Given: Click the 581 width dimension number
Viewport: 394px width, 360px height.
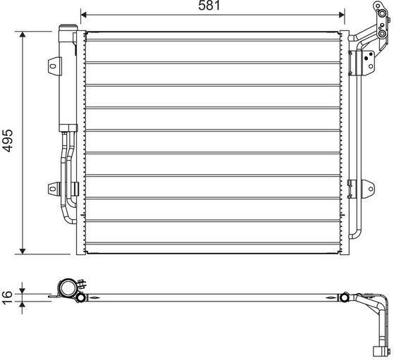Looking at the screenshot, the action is point(209,6).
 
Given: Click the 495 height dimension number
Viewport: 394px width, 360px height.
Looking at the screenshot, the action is point(7,140).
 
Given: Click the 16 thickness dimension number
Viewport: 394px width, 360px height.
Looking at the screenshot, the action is point(7,298).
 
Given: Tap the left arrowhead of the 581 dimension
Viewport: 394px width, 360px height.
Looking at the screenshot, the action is point(84,15).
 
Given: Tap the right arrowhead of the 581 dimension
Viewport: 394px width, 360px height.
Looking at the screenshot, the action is point(341,15).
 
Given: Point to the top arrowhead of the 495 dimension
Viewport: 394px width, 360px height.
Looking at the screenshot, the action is point(23,35).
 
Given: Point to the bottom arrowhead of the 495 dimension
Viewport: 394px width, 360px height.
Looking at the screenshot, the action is point(23,251).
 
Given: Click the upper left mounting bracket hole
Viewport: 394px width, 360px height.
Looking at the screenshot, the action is point(53,66).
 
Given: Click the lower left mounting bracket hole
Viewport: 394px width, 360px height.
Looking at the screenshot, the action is point(53,189).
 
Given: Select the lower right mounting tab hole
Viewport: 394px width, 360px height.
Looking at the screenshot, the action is point(371,189).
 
